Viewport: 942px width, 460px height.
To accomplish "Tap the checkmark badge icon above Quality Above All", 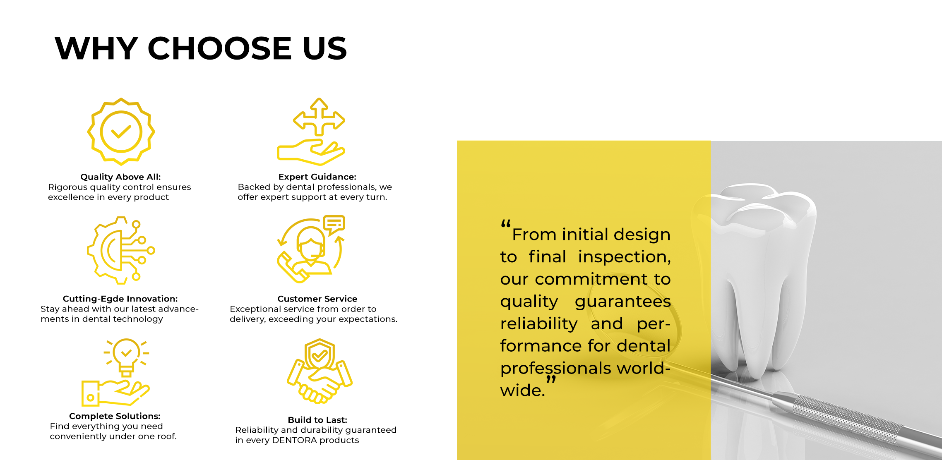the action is pyautogui.click(x=121, y=132).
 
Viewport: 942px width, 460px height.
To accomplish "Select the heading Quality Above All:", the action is pyautogui.click(x=120, y=177).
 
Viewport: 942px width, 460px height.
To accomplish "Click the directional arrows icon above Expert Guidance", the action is pyautogui.click(x=319, y=117).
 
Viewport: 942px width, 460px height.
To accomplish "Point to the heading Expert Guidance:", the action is pyautogui.click(x=317, y=177).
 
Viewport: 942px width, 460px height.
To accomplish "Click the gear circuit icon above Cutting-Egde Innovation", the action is pyautogui.click(x=121, y=250).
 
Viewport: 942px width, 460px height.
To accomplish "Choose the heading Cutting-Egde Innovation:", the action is pyautogui.click(x=120, y=299).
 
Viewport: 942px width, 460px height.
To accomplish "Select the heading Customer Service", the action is pyautogui.click(x=317, y=299).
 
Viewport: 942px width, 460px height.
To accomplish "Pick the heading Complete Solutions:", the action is pyautogui.click(x=115, y=416).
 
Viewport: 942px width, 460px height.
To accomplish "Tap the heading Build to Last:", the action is pyautogui.click(x=317, y=420).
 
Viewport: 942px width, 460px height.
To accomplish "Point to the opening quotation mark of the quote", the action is pyautogui.click(x=506, y=224).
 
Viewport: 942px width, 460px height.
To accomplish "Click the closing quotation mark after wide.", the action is pyautogui.click(x=551, y=379).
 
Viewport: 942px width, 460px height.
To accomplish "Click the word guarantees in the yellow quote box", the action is pyautogui.click(x=622, y=302).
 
